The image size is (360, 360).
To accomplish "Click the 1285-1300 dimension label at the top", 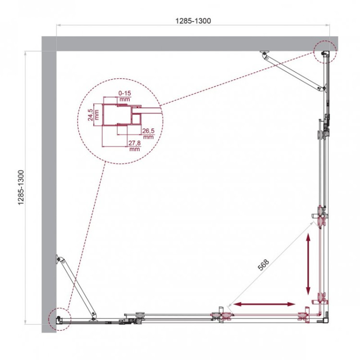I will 193,21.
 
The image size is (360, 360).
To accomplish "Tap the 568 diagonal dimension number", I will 264,265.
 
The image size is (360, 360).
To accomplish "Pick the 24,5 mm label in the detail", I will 95,114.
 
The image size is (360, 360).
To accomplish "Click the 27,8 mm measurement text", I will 134,145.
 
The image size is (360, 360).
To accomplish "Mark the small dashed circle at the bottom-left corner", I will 59,317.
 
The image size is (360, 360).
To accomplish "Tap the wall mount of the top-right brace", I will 264,53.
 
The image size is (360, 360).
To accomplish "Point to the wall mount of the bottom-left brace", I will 59,259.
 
